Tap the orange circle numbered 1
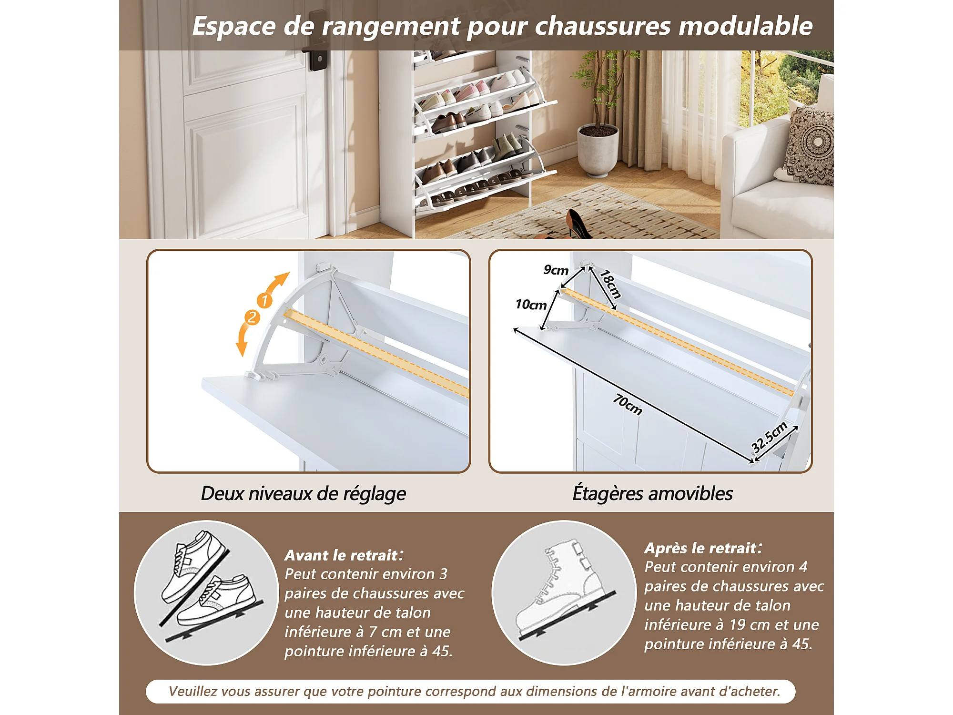(264, 300)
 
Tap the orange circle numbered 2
(252, 317)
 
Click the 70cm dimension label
(628, 404)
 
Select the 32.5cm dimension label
(769, 437)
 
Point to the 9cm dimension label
(556, 270)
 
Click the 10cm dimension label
(531, 305)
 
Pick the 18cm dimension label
(610, 284)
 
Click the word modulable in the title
(746, 26)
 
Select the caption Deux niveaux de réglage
(304, 494)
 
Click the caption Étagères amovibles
(652, 493)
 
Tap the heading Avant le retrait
(341, 555)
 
